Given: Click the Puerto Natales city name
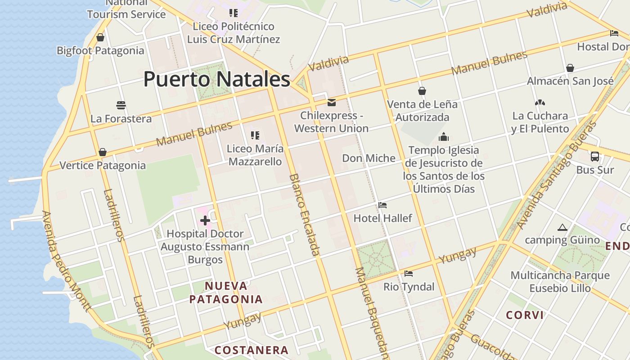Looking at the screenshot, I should click(x=216, y=79).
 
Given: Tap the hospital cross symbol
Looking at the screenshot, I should click(x=205, y=220).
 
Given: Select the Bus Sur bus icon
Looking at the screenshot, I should click(x=594, y=157).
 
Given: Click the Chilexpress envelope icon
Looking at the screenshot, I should click(x=332, y=103).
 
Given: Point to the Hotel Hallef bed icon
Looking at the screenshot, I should click(x=382, y=205).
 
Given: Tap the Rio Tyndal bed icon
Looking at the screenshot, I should click(x=409, y=273).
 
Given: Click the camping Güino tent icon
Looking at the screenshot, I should click(x=562, y=228).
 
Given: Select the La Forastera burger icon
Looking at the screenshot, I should click(x=121, y=105).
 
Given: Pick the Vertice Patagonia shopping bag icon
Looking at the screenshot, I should click(x=103, y=152).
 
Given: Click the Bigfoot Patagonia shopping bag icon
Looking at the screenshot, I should click(x=100, y=37).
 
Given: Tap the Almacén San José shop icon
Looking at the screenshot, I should click(x=570, y=68).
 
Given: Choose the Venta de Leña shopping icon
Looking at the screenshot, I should click(x=422, y=91).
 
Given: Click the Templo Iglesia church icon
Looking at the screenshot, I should click(x=444, y=137).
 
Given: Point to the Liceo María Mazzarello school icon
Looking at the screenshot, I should click(x=255, y=135).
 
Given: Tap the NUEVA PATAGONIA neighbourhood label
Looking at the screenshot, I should click(x=226, y=292).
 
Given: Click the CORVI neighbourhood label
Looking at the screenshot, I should click(x=525, y=315).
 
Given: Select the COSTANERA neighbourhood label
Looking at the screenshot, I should click(x=251, y=350).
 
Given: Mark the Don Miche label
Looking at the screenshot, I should click(x=369, y=158).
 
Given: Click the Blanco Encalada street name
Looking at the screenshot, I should click(x=304, y=215).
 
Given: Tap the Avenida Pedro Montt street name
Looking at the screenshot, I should click(x=66, y=261).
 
